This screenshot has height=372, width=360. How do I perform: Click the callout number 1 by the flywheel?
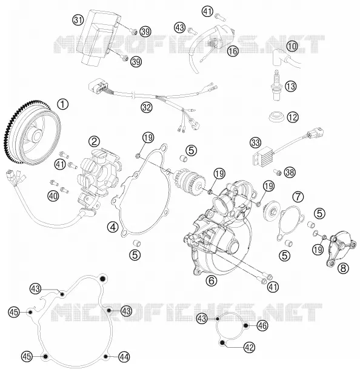click(x=62, y=104)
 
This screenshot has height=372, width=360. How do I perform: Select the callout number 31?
click(x=78, y=20)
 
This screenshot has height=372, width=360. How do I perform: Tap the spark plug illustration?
click(x=276, y=85)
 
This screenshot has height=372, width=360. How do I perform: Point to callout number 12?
click(x=293, y=117)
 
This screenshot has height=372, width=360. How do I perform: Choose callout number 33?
click(x=255, y=143)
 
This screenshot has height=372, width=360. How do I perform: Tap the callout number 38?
click(x=290, y=173)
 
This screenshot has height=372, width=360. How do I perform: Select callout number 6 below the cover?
click(x=212, y=281)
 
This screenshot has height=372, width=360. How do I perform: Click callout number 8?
click(x=343, y=268)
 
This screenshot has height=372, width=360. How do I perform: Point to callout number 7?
click(x=298, y=196)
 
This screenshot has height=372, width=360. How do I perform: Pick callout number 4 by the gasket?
click(x=113, y=227)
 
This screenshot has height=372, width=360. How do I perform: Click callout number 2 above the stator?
click(x=94, y=142)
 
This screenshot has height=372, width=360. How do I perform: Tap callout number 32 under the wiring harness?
click(x=147, y=107)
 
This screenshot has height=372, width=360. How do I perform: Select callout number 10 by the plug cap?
click(x=292, y=46)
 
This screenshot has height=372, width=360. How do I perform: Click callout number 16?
click(x=233, y=51)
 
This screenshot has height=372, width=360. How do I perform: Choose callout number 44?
click(x=124, y=356)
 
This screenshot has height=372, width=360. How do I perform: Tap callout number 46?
click(x=262, y=326)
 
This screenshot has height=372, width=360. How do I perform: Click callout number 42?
click(x=249, y=347)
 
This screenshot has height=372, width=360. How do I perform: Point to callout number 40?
click(x=53, y=196)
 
